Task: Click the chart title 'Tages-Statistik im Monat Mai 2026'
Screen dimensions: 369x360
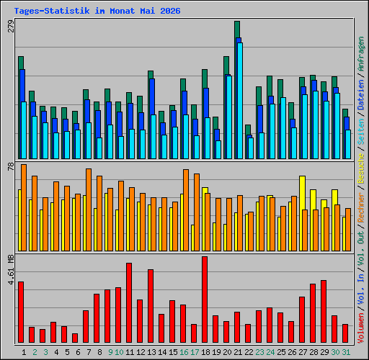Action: click(97, 11)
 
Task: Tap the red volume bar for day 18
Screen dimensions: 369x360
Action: click(205, 300)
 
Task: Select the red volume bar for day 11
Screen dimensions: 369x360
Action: click(129, 302)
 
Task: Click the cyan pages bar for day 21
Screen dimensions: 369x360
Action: click(240, 101)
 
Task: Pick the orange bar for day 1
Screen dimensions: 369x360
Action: click(24, 208)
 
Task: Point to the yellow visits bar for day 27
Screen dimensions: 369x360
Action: click(302, 214)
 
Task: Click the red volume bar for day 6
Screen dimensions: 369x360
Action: click(75, 338)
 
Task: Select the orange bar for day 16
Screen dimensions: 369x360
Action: click(186, 210)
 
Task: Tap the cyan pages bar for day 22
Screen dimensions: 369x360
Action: click(251, 148)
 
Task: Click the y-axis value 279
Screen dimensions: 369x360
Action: click(11, 26)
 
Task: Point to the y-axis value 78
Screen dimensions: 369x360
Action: click(11, 166)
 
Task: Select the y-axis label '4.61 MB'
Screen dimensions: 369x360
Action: click(11, 270)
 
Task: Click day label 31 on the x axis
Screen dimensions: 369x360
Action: click(346, 352)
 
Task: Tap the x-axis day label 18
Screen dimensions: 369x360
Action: click(205, 352)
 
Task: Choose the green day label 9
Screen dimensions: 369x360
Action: click(110, 352)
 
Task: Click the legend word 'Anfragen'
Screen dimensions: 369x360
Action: click(361, 54)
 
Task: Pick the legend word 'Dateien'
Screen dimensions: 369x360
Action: click(361, 95)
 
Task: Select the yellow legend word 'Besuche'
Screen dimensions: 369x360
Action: click(361, 168)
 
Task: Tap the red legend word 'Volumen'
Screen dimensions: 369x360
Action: click(361, 328)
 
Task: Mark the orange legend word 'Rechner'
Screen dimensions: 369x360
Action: click(361, 207)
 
